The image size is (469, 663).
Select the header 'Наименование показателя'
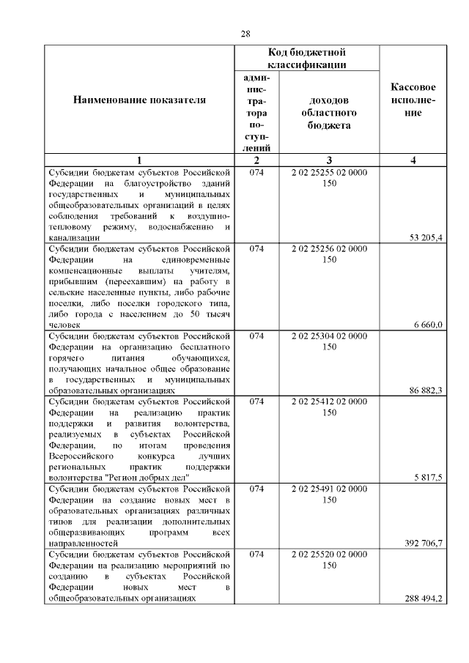click(x=139, y=100)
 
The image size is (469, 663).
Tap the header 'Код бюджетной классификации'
click(x=306, y=59)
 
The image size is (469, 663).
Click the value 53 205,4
click(x=426, y=237)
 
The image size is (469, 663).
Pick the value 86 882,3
click(x=426, y=390)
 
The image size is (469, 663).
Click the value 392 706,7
click(x=424, y=544)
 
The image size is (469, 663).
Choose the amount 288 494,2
click(x=424, y=599)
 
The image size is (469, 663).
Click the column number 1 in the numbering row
click(x=139, y=161)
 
